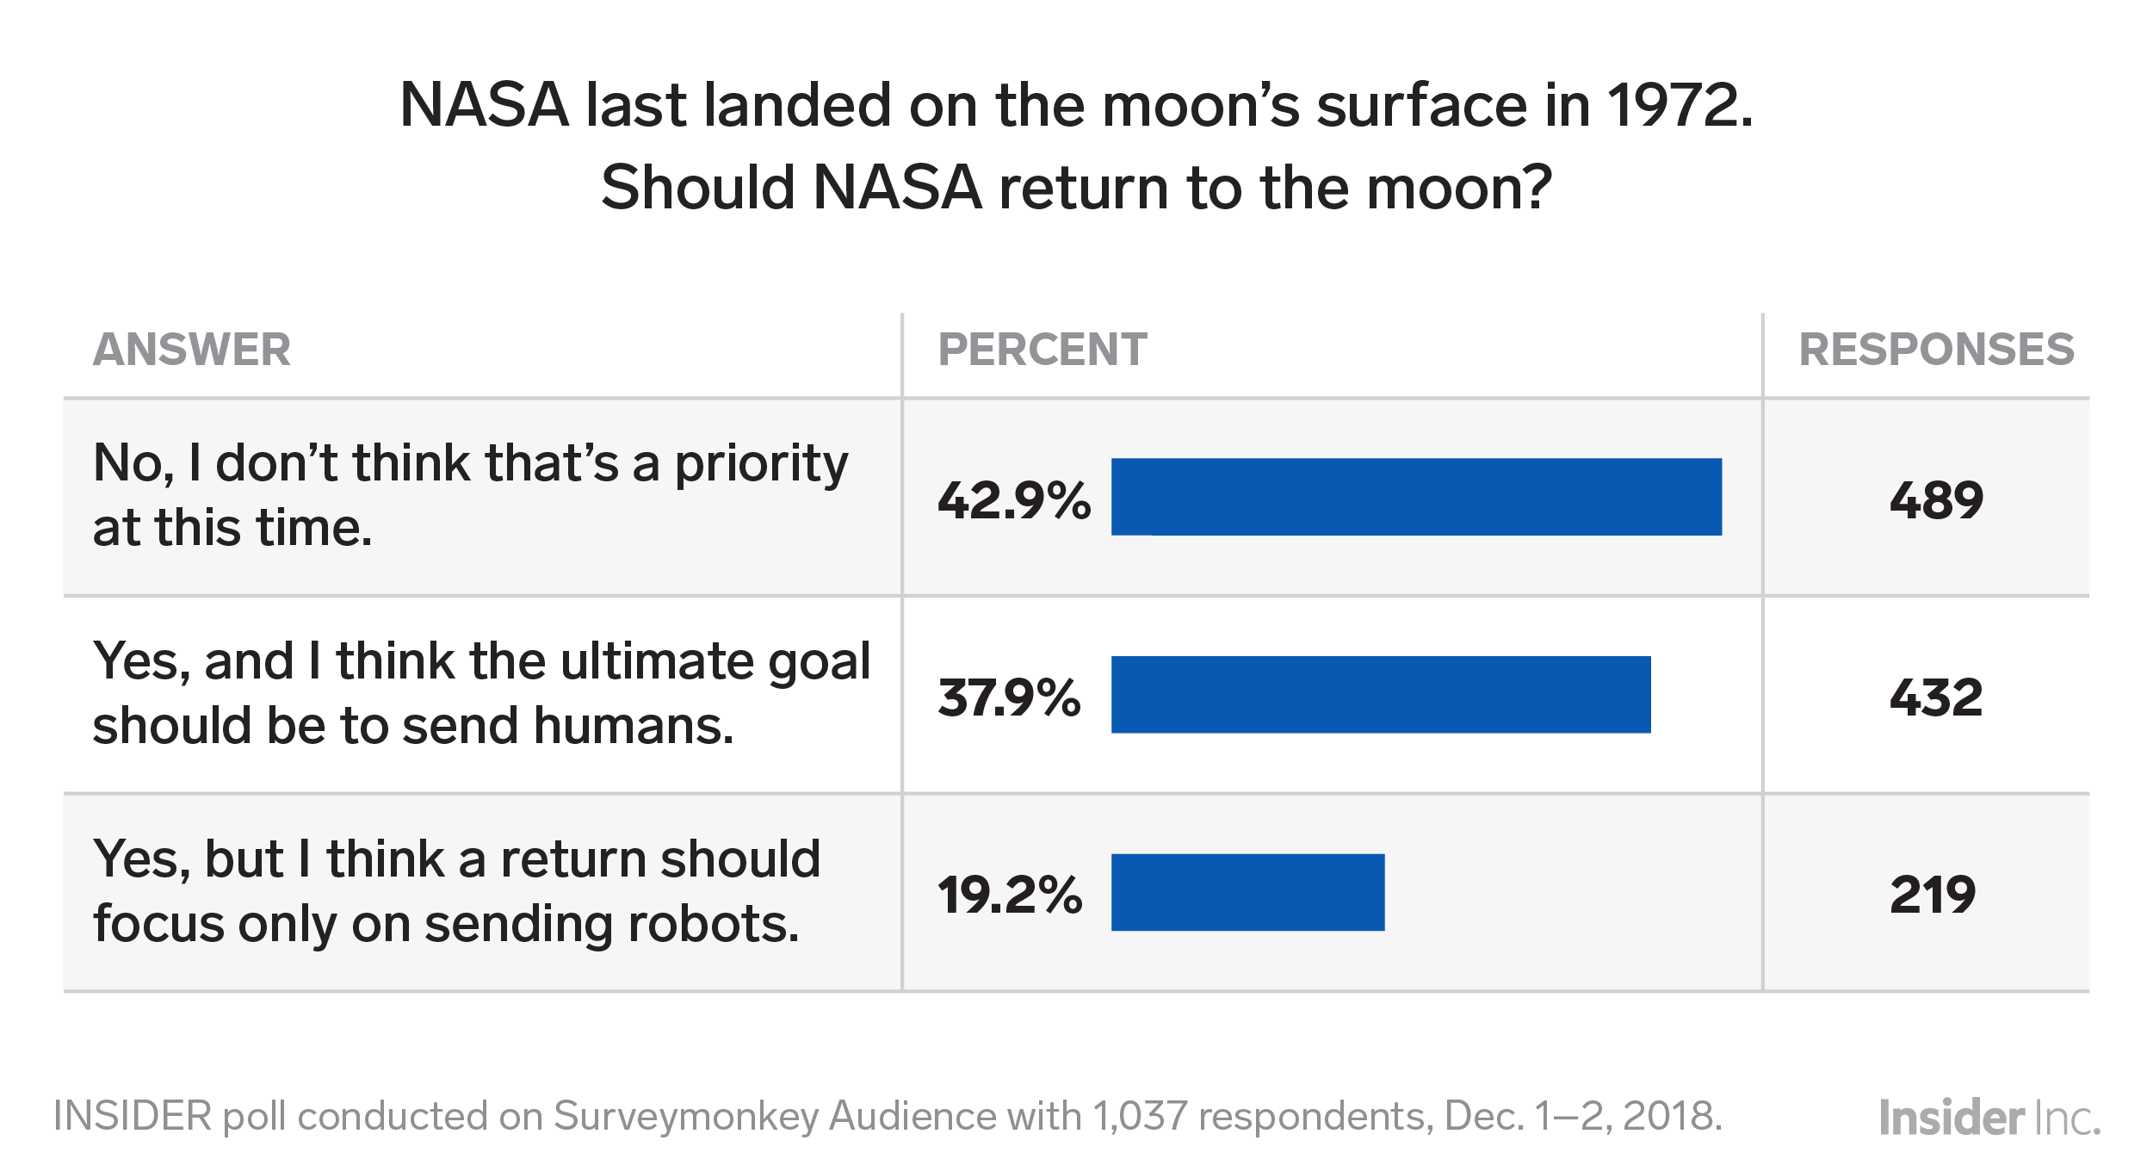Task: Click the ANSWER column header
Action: pyautogui.click(x=191, y=350)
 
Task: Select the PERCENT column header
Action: pyautogui.click(x=1042, y=350)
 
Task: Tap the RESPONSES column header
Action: pyautogui.click(x=1936, y=350)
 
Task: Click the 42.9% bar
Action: pyautogui.click(x=1416, y=497)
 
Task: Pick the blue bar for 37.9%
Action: pyautogui.click(x=1380, y=695)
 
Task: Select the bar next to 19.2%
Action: pyautogui.click(x=1247, y=892)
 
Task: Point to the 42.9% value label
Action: pyautogui.click(x=1013, y=500)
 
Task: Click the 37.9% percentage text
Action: pyautogui.click(x=1008, y=697)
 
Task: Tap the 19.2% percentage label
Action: pyautogui.click(x=1009, y=895)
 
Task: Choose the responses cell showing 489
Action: pyautogui.click(x=1936, y=500)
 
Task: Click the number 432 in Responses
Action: pyautogui.click(x=1936, y=697)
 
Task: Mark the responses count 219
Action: pyautogui.click(x=1933, y=895)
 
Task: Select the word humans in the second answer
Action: pyautogui.click(x=633, y=727)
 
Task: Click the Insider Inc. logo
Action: pyautogui.click(x=1989, y=1118)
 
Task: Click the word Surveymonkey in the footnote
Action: pyautogui.click(x=685, y=1117)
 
